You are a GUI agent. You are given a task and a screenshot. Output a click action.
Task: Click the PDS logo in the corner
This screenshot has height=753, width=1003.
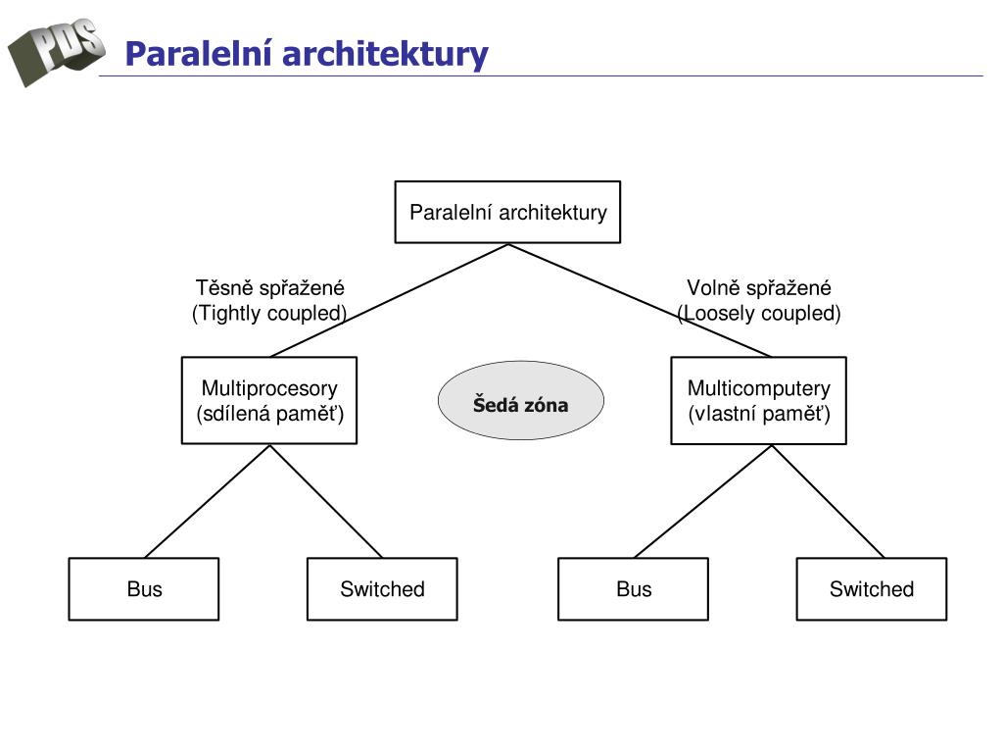click(x=56, y=51)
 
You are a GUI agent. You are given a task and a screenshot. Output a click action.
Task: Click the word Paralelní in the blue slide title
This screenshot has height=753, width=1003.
click(x=199, y=54)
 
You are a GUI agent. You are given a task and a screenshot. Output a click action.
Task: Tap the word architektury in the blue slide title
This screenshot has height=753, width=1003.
click(x=385, y=55)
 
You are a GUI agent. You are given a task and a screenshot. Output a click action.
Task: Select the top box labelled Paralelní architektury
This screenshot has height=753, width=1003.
click(x=508, y=212)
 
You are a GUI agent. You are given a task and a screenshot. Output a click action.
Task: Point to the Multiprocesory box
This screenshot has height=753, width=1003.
click(x=269, y=401)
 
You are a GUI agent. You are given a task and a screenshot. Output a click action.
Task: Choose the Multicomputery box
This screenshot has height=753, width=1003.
click(x=759, y=401)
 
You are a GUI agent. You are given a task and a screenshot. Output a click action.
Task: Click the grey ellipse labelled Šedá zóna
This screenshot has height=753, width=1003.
click(x=521, y=400)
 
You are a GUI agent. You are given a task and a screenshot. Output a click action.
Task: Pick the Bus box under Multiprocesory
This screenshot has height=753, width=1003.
click(x=144, y=589)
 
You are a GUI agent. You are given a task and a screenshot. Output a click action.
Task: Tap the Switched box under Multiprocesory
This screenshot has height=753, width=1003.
click(x=383, y=589)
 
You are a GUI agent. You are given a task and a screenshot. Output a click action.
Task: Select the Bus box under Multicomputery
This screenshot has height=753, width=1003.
click(x=634, y=589)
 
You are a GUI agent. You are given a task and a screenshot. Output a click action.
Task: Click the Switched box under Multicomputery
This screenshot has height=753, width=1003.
click(x=872, y=589)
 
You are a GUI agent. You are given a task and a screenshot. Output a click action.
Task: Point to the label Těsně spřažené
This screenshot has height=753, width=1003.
click(x=270, y=288)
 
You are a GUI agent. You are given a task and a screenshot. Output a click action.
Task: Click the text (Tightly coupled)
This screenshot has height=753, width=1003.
click(x=269, y=313)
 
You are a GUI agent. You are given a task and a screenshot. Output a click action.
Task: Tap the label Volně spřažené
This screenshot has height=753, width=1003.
click(x=759, y=288)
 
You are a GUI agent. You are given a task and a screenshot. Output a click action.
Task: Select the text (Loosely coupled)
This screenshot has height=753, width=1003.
click(x=759, y=313)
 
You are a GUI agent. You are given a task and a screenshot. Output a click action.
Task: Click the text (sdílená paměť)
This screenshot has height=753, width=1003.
click(x=270, y=414)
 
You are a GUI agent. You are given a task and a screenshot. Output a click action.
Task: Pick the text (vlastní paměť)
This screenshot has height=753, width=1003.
click(x=759, y=414)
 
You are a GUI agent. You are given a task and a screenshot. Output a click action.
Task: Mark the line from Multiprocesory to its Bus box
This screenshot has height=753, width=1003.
click(x=208, y=501)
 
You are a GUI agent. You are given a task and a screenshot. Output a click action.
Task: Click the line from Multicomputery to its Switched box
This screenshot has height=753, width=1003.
click(x=829, y=501)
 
